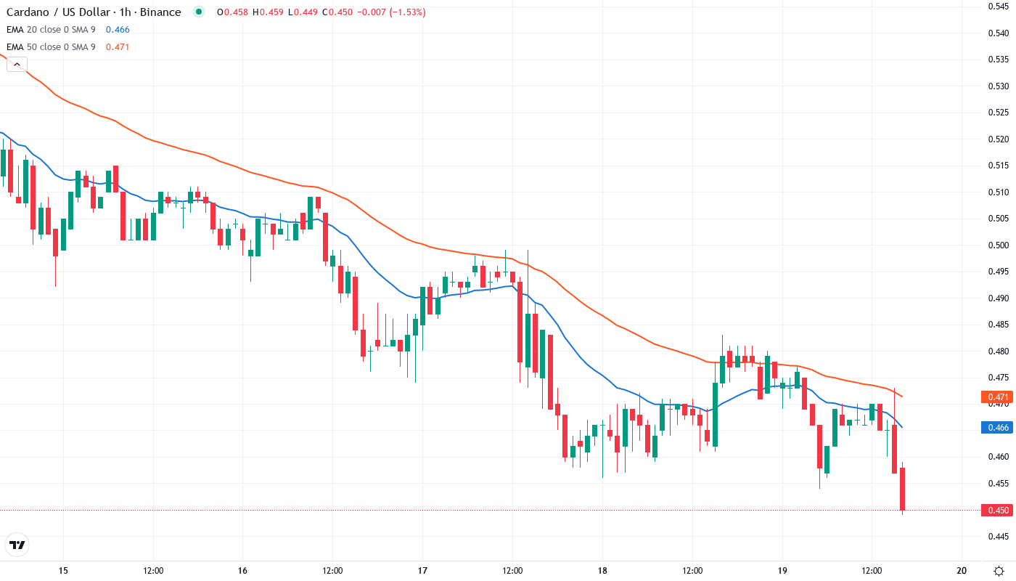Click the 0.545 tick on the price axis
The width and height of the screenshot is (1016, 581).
(999, 7)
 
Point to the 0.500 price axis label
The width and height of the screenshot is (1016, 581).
(999, 245)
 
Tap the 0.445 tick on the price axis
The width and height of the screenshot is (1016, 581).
(999, 536)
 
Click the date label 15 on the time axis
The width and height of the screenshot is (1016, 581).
(63, 570)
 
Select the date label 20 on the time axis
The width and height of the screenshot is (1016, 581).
(962, 570)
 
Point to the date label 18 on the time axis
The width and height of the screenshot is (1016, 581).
(602, 570)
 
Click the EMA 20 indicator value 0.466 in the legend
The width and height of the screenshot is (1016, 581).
(118, 30)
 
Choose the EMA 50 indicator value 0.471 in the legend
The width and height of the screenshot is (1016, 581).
(118, 47)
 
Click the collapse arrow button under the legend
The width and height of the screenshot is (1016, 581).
(17, 64)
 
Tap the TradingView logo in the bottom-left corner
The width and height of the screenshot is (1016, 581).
(17, 545)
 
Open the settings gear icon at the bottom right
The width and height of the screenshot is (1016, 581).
(999, 570)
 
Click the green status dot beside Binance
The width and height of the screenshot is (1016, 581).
(198, 12)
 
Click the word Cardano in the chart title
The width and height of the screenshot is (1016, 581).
(28, 12)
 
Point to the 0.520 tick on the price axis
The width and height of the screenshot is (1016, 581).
(999, 139)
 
